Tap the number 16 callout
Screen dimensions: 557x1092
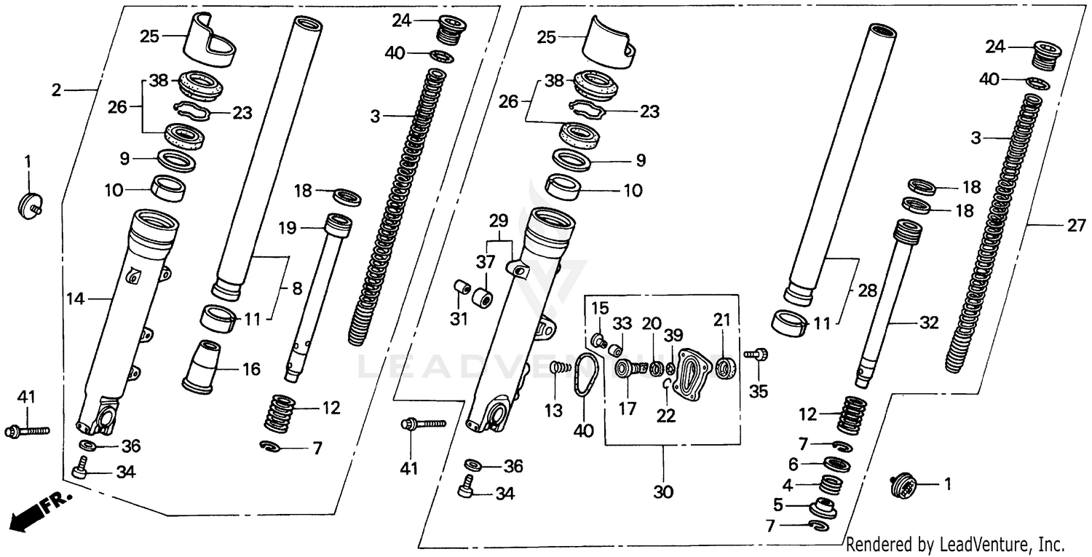click(x=251, y=370)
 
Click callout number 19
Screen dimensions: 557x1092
click(x=287, y=229)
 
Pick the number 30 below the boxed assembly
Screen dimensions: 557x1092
click(x=662, y=492)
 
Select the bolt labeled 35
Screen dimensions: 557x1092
click(x=755, y=355)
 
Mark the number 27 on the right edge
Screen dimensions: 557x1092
click(x=1076, y=226)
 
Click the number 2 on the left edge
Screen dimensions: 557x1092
click(x=56, y=90)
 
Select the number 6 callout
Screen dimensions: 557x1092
click(x=793, y=463)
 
